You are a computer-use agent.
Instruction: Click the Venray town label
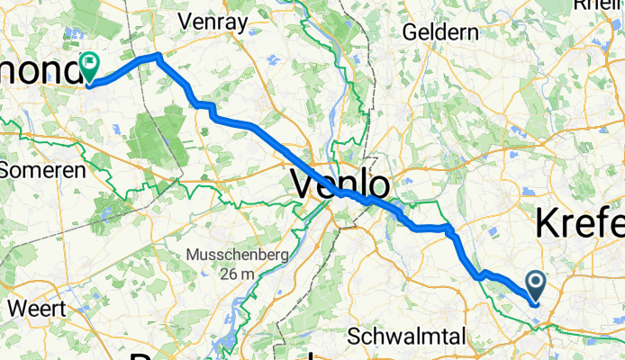click(x=213, y=20)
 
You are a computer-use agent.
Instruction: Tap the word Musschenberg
click(x=237, y=256)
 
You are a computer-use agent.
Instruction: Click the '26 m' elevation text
click(x=238, y=274)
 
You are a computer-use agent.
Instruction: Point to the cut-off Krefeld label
click(x=581, y=221)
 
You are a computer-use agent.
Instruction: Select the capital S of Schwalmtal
click(x=355, y=337)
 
